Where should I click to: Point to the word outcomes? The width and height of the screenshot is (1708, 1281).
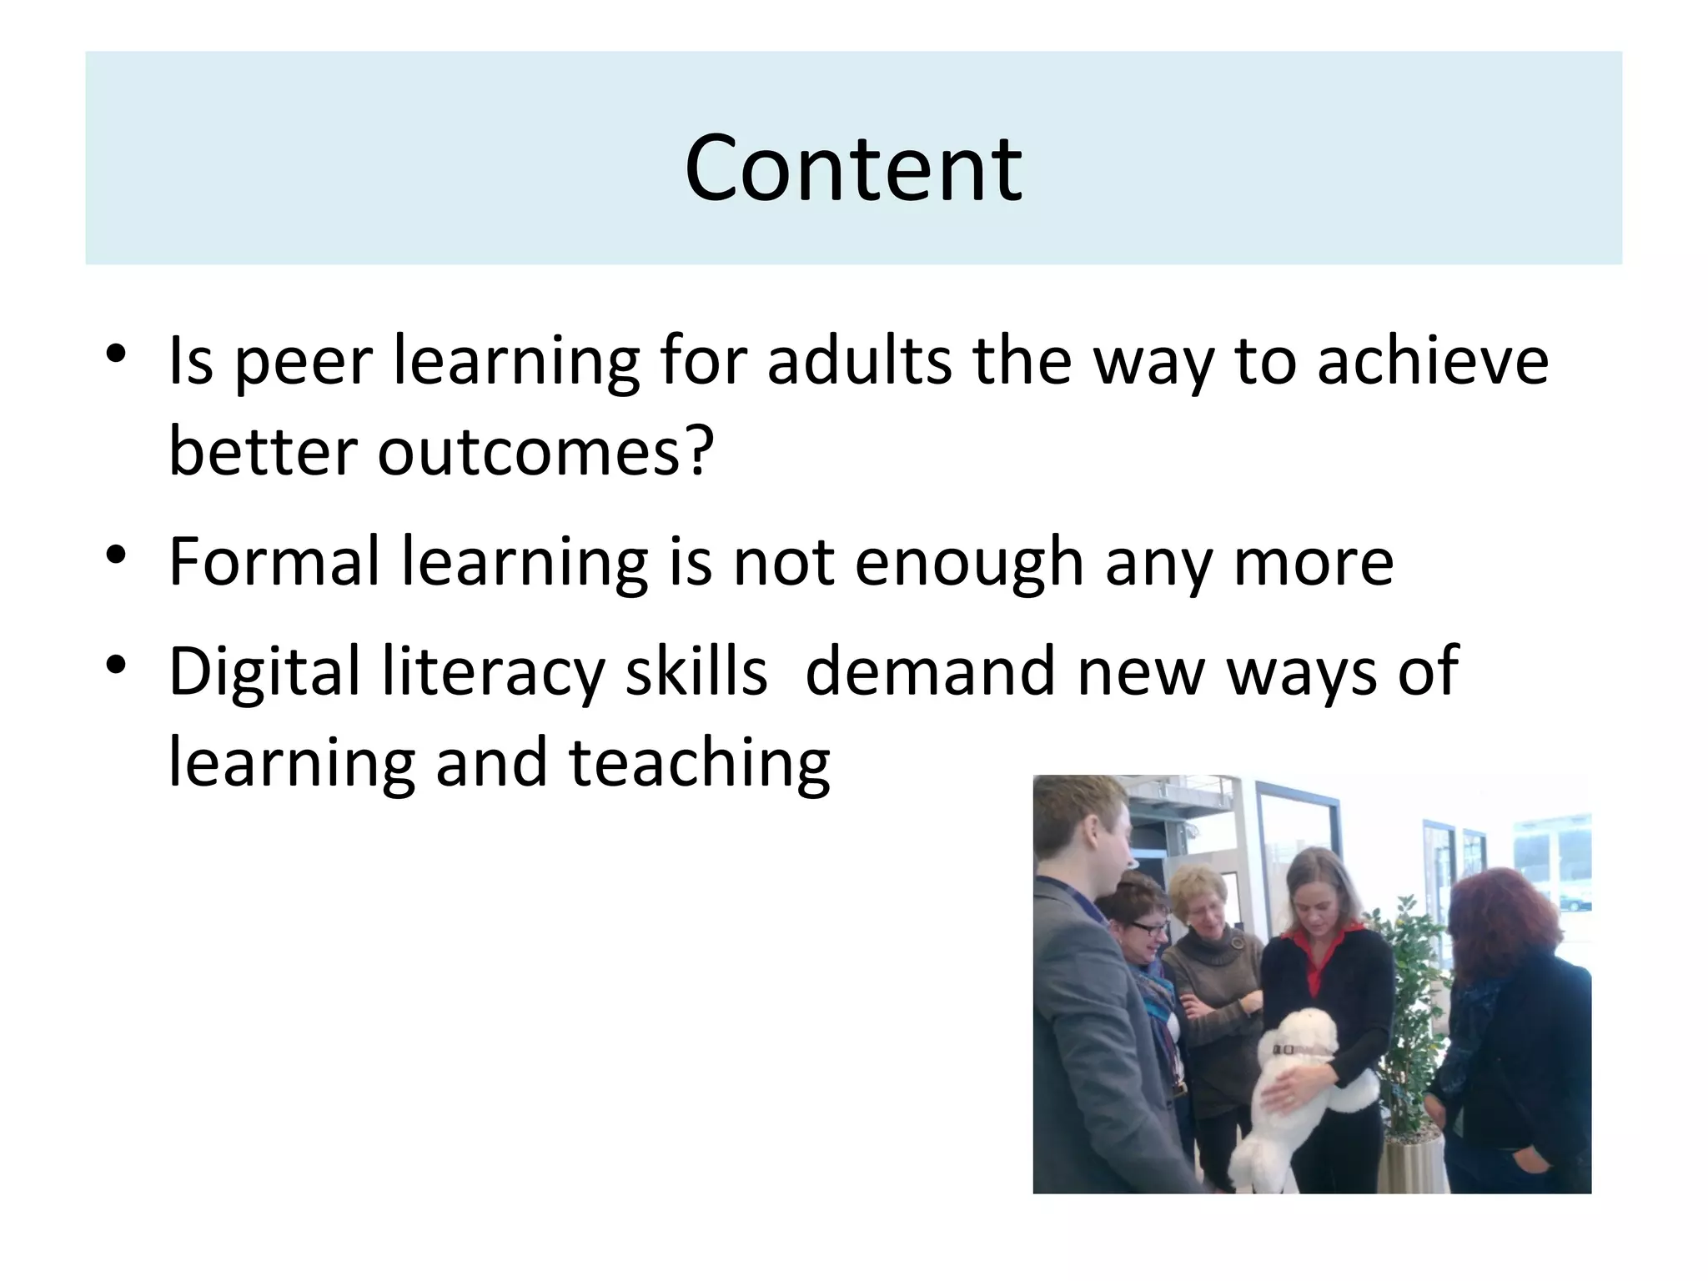point(545,451)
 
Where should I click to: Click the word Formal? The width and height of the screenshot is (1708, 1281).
point(274,561)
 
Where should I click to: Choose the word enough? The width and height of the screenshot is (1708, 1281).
point(969,563)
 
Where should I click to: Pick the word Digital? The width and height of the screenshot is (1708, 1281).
point(264,671)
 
